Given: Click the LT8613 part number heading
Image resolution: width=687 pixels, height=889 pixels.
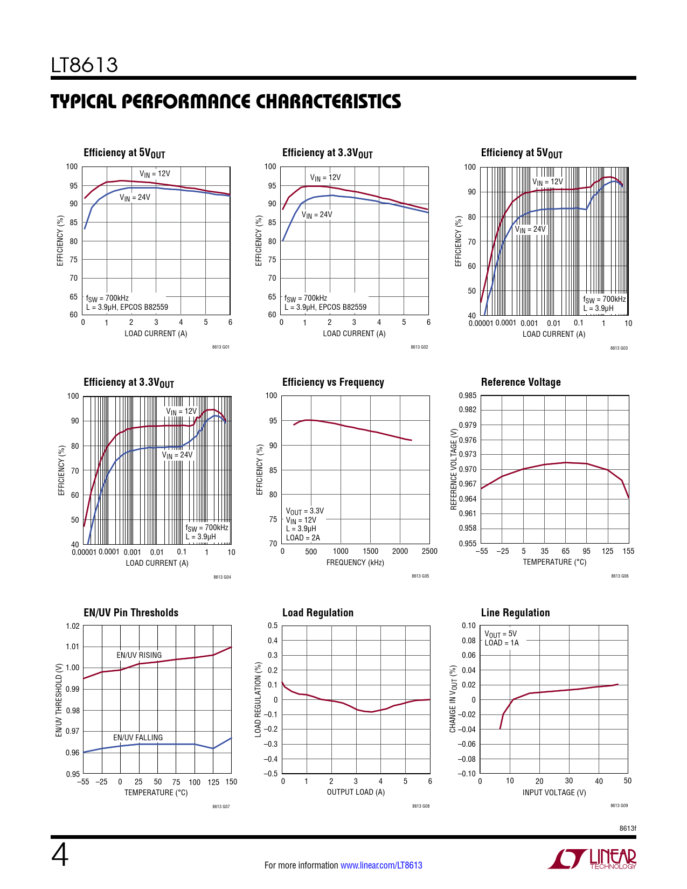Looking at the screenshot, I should [x=85, y=65].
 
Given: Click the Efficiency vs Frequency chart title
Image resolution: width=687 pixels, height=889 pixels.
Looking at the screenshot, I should [x=333, y=383].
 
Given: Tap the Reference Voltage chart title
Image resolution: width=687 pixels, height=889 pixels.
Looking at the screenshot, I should [x=521, y=383].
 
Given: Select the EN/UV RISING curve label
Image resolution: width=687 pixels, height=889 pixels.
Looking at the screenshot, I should [x=139, y=655].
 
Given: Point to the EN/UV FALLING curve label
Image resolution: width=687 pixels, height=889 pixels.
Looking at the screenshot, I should [x=137, y=738].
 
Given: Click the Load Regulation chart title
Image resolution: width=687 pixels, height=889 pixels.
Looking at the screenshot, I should [x=318, y=613].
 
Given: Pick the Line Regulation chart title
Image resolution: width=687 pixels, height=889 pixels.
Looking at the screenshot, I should [x=515, y=613].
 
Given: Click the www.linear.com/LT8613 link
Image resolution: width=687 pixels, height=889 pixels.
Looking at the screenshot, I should [x=381, y=865].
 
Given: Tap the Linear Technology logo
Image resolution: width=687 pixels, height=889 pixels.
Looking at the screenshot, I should [x=592, y=859].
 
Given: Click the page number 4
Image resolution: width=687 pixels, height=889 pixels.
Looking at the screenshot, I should [x=60, y=856].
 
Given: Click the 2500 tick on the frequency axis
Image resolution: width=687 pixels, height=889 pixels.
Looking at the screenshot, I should [x=429, y=551].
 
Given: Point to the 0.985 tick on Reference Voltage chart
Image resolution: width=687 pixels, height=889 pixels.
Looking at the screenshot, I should [x=467, y=395].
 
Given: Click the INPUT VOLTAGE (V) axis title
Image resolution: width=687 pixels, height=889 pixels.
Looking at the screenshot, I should [x=554, y=793].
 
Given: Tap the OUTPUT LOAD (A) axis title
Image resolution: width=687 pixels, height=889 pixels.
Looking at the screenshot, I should [x=356, y=792].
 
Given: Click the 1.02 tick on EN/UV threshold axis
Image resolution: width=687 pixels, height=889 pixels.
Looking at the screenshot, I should [x=73, y=626].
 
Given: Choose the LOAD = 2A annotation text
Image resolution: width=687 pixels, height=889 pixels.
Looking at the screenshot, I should [x=303, y=538].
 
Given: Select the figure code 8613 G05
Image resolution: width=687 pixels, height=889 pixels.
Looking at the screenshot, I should [x=420, y=576].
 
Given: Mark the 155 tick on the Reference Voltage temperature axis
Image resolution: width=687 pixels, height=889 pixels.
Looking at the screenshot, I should [x=628, y=551].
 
